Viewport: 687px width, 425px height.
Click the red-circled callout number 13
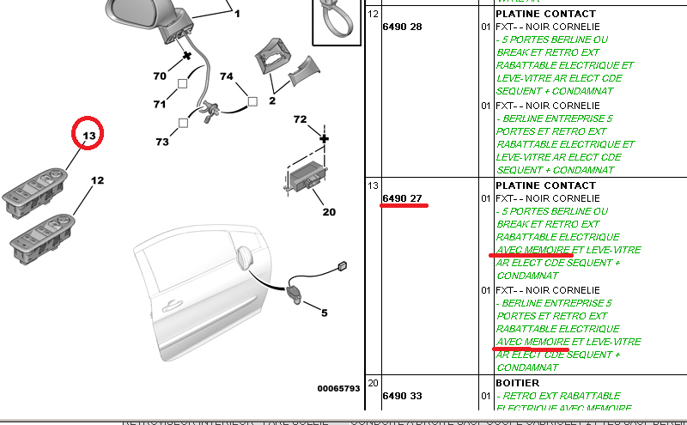click(88, 136)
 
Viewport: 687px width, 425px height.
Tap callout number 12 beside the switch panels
click(98, 181)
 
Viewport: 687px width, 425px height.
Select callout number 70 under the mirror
click(160, 76)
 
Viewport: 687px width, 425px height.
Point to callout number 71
click(160, 105)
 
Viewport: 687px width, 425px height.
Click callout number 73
click(162, 142)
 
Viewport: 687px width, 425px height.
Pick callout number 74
click(227, 76)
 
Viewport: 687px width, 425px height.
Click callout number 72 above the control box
click(300, 118)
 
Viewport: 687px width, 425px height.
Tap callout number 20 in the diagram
click(330, 212)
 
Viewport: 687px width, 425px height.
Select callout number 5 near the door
click(324, 313)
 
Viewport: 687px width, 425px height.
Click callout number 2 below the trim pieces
click(272, 101)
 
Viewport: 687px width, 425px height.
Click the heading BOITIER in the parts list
click(517, 383)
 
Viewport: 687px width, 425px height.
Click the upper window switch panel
click(40, 188)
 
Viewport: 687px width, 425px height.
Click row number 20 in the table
click(373, 383)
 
